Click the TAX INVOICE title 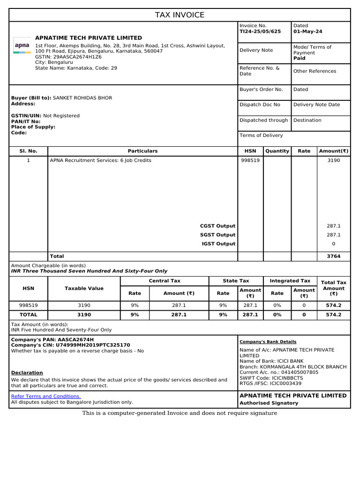click(180, 15)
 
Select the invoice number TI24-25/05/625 click(260, 31)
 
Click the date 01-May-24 click(307, 31)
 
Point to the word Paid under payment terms click(299, 59)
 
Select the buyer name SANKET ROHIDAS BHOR click(82, 98)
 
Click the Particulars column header click(142, 151)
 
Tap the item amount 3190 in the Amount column click(333, 160)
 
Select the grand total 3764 click(333, 256)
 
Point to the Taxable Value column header click(84, 288)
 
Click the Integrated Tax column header click(290, 281)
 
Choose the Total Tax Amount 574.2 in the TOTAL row click(333, 315)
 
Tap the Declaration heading click(27, 373)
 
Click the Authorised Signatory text click(269, 403)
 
